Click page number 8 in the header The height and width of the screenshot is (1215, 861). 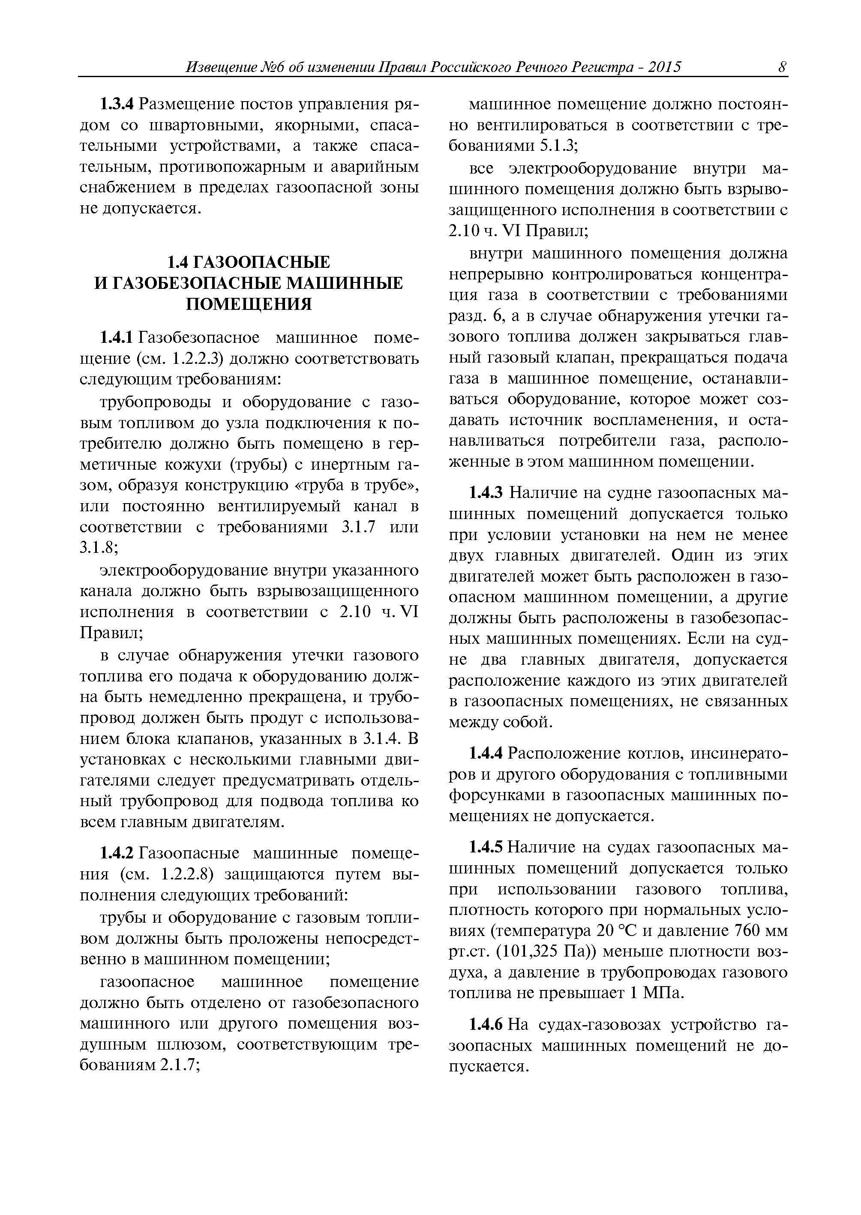(782, 67)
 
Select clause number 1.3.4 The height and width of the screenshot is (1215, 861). (118, 105)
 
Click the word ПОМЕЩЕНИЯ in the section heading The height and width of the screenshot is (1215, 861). (248, 304)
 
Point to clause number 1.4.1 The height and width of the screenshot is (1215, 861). (118, 338)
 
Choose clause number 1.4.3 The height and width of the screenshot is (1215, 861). (487, 493)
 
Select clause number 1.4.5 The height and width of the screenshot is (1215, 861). (487, 848)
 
